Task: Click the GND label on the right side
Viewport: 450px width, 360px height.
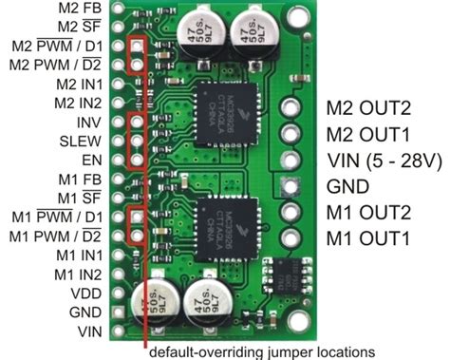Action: coord(347,186)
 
